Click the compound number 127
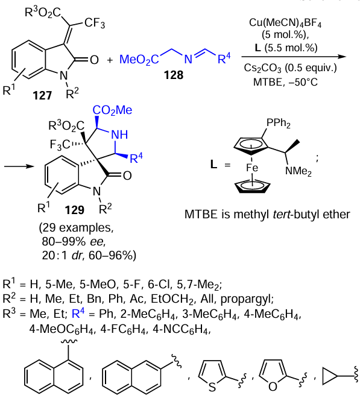(x=42, y=95)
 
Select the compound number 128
(x=174, y=75)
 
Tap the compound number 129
(x=74, y=210)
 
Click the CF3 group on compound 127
(x=95, y=23)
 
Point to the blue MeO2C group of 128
(x=139, y=60)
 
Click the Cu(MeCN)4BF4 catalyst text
(x=285, y=22)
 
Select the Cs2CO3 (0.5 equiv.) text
(x=290, y=68)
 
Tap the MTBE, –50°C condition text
(x=285, y=82)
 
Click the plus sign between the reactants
(x=110, y=60)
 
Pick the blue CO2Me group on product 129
(x=112, y=110)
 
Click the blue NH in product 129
(x=119, y=135)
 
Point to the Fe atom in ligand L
(x=251, y=168)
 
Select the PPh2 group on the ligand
(x=279, y=124)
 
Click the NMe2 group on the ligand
(x=298, y=171)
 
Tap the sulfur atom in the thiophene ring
(x=212, y=387)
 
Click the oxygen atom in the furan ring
(x=273, y=387)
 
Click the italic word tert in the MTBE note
(x=281, y=215)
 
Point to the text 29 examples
(x=77, y=228)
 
